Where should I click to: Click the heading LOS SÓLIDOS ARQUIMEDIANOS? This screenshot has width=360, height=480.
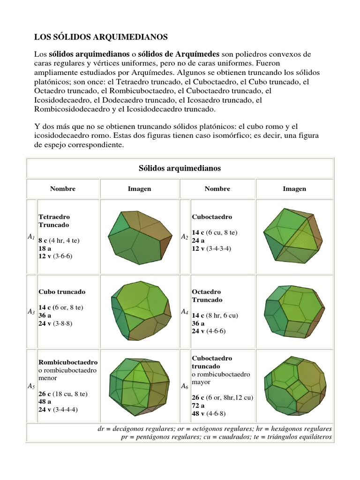click(x=101, y=36)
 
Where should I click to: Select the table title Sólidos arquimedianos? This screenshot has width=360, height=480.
click(x=180, y=168)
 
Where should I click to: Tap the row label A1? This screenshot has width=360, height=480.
click(x=31, y=237)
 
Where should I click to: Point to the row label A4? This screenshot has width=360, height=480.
click(x=185, y=311)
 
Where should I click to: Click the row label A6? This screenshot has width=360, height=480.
click(x=185, y=386)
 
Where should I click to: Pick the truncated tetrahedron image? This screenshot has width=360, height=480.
click(x=139, y=236)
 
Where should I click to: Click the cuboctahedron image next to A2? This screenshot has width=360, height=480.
click(x=294, y=236)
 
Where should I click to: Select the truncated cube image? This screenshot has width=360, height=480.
click(x=139, y=312)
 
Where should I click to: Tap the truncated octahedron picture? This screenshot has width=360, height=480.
click(x=294, y=311)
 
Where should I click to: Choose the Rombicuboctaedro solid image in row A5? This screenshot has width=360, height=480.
click(x=139, y=386)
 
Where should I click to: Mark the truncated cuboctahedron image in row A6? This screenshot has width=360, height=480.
click(x=294, y=386)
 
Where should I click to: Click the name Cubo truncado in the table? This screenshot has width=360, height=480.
click(x=62, y=292)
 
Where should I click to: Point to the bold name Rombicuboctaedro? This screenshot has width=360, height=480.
click(x=68, y=362)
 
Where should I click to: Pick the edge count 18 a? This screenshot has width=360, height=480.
click(x=45, y=248)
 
